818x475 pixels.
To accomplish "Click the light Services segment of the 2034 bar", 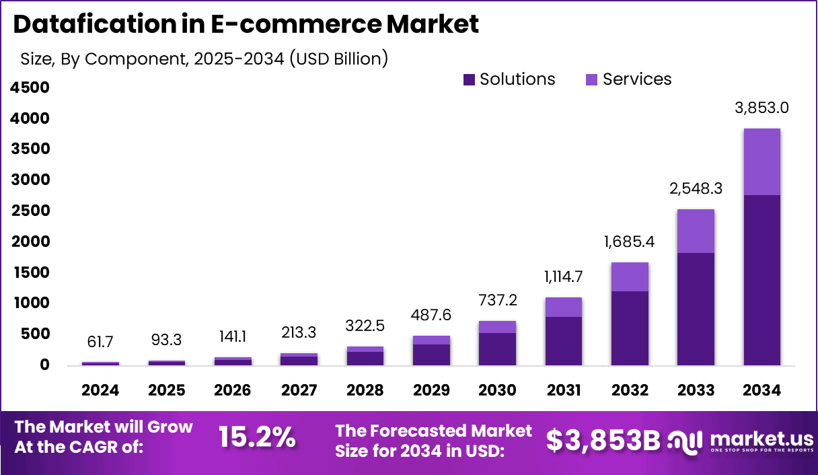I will tap(762, 161).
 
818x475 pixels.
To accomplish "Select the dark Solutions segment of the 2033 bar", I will tap(696, 309).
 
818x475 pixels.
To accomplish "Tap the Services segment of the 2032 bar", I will tap(630, 277).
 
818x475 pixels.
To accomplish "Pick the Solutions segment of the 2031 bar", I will tap(564, 340).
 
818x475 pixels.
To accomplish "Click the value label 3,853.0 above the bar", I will tap(762, 107).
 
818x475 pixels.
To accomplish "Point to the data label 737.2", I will tap(497, 299).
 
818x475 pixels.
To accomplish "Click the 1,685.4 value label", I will tap(630, 241).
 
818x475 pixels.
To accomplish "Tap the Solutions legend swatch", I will tap(469, 80).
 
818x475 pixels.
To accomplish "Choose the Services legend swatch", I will tap(592, 80).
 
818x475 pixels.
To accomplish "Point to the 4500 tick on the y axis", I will tap(30, 87).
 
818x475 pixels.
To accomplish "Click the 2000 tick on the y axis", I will tap(30, 242).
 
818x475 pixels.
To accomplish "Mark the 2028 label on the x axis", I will tap(365, 391).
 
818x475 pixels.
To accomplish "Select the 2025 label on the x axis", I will tap(166, 391).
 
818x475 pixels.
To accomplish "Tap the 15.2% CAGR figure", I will tap(257, 437).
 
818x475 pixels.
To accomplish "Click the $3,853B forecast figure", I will tap(603, 441).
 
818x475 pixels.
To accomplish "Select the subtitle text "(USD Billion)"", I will tap(338, 59).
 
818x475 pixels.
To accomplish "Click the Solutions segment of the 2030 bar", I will tap(497, 349).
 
